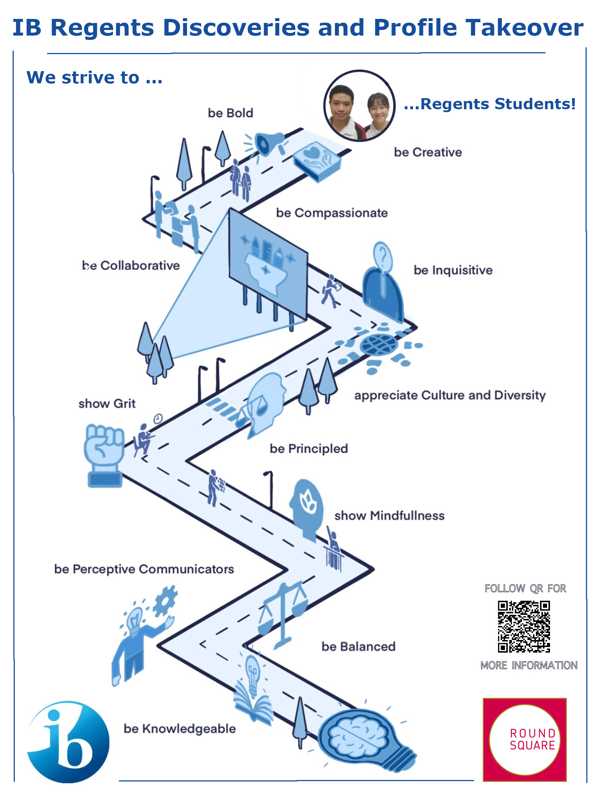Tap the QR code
pyautogui.click(x=524, y=627)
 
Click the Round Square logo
pyautogui.click(x=524, y=739)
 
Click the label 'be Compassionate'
pyautogui.click(x=332, y=213)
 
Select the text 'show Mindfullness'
pyautogui.click(x=389, y=516)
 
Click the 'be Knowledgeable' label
pyautogui.click(x=180, y=729)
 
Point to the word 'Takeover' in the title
pyautogui.click(x=524, y=28)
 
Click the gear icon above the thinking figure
pyautogui.click(x=165, y=601)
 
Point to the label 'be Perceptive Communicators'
pyautogui.click(x=144, y=569)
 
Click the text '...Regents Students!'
pyautogui.click(x=490, y=104)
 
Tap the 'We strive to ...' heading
pyautogui.click(x=94, y=78)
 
